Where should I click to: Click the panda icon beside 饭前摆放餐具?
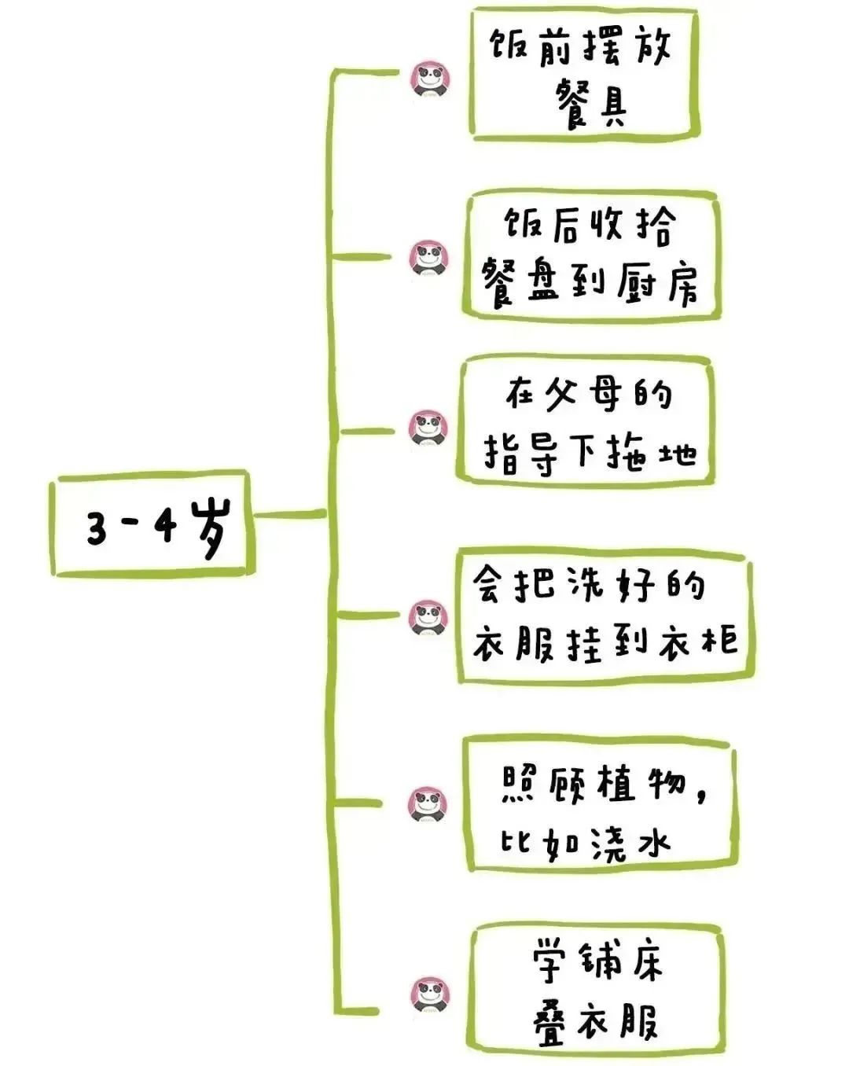(x=431, y=79)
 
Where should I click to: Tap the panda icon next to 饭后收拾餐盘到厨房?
(x=429, y=258)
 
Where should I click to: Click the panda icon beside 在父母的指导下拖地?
(x=428, y=428)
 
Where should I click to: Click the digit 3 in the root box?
(x=96, y=529)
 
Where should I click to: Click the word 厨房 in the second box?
(x=658, y=284)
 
